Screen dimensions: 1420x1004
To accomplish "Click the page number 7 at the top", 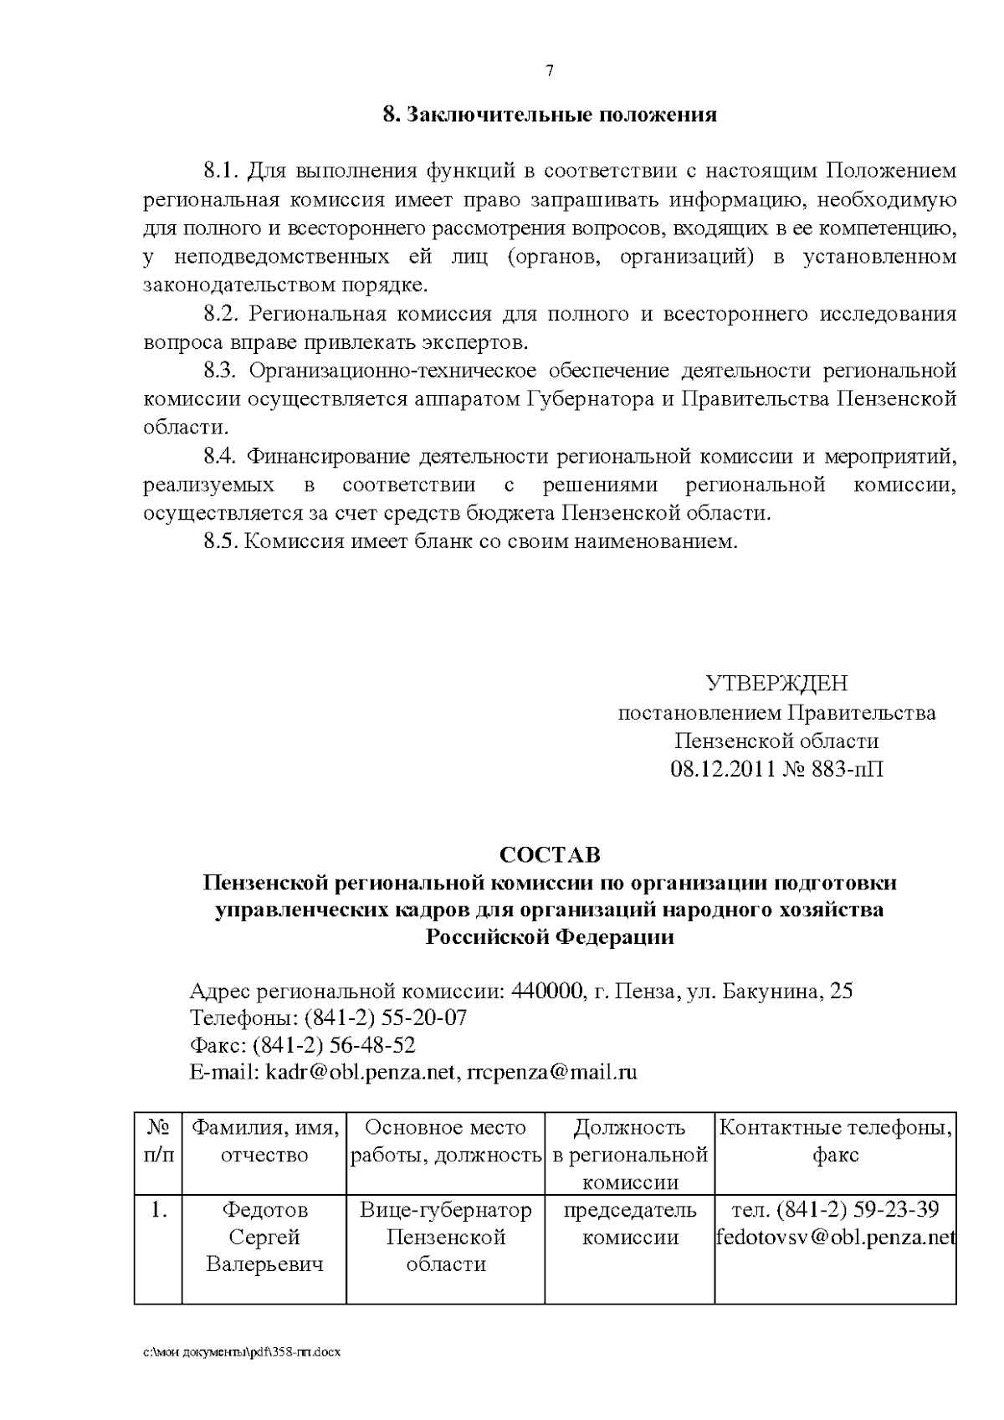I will click(x=550, y=71).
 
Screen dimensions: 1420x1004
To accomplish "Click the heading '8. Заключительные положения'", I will click(x=550, y=115).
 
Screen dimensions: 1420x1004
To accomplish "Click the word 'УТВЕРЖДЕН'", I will click(x=776, y=684).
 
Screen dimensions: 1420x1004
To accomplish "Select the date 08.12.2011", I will click(x=723, y=768).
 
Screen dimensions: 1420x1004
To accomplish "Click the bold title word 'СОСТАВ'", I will click(x=550, y=855).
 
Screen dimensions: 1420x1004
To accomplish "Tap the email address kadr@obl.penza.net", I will click(x=360, y=1072).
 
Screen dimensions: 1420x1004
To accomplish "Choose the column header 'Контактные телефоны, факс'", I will click(x=835, y=1142).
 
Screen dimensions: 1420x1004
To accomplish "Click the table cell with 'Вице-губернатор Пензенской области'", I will click(x=446, y=1237).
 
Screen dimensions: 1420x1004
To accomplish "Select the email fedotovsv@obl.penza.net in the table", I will click(x=835, y=1237).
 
